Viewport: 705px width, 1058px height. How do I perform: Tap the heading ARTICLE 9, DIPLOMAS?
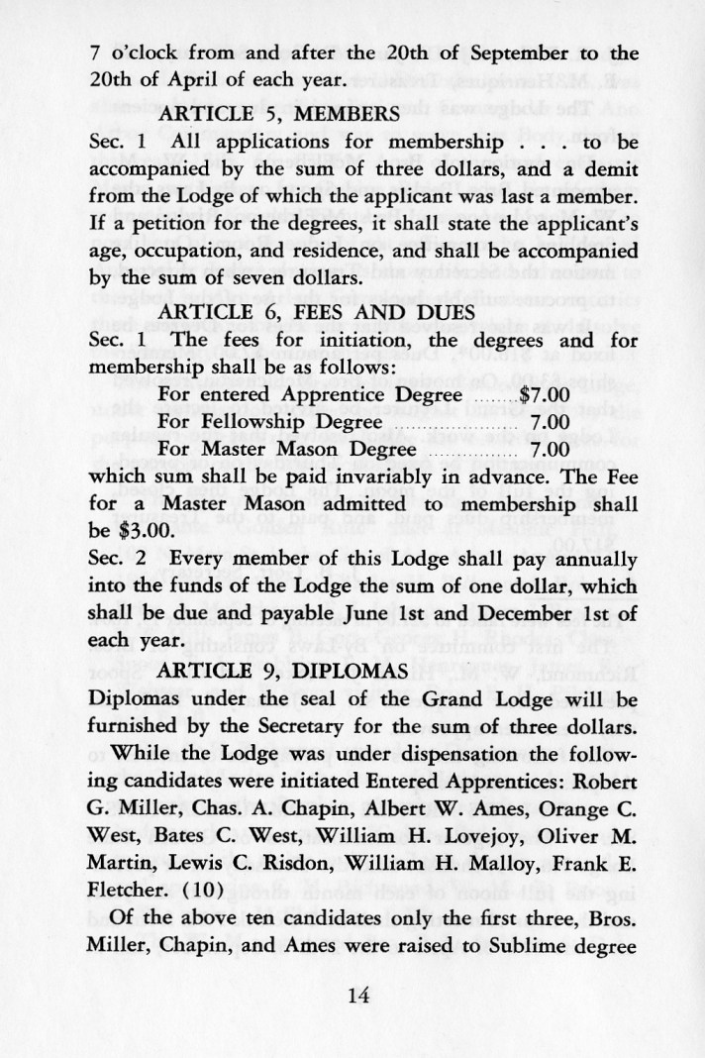pos(283,671)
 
